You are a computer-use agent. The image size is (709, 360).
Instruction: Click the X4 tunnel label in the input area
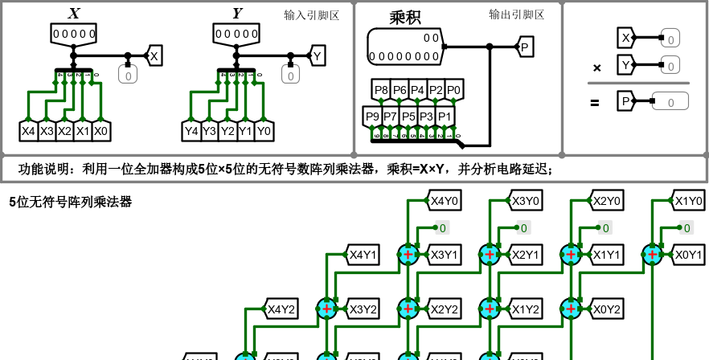[x=28, y=131]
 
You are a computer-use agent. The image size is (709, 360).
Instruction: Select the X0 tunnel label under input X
[x=100, y=131]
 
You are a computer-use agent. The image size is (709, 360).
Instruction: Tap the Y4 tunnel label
[x=191, y=131]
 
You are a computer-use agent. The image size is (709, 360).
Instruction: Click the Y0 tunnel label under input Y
[x=264, y=131]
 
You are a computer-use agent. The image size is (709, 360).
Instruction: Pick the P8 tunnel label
[x=381, y=90]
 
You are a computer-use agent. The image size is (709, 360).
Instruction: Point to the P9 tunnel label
[x=372, y=117]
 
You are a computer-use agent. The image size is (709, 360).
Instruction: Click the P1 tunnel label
[x=445, y=117]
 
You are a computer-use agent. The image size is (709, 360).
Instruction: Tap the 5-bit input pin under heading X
[x=74, y=34]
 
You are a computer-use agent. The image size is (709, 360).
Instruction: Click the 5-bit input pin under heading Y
[x=236, y=34]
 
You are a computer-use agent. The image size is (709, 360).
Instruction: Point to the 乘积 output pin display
[x=405, y=47]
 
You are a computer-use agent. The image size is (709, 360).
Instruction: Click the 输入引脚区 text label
[x=312, y=15]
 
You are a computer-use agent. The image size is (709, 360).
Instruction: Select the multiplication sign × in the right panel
[x=596, y=68]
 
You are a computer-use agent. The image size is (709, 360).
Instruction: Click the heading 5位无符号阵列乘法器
[x=70, y=202]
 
